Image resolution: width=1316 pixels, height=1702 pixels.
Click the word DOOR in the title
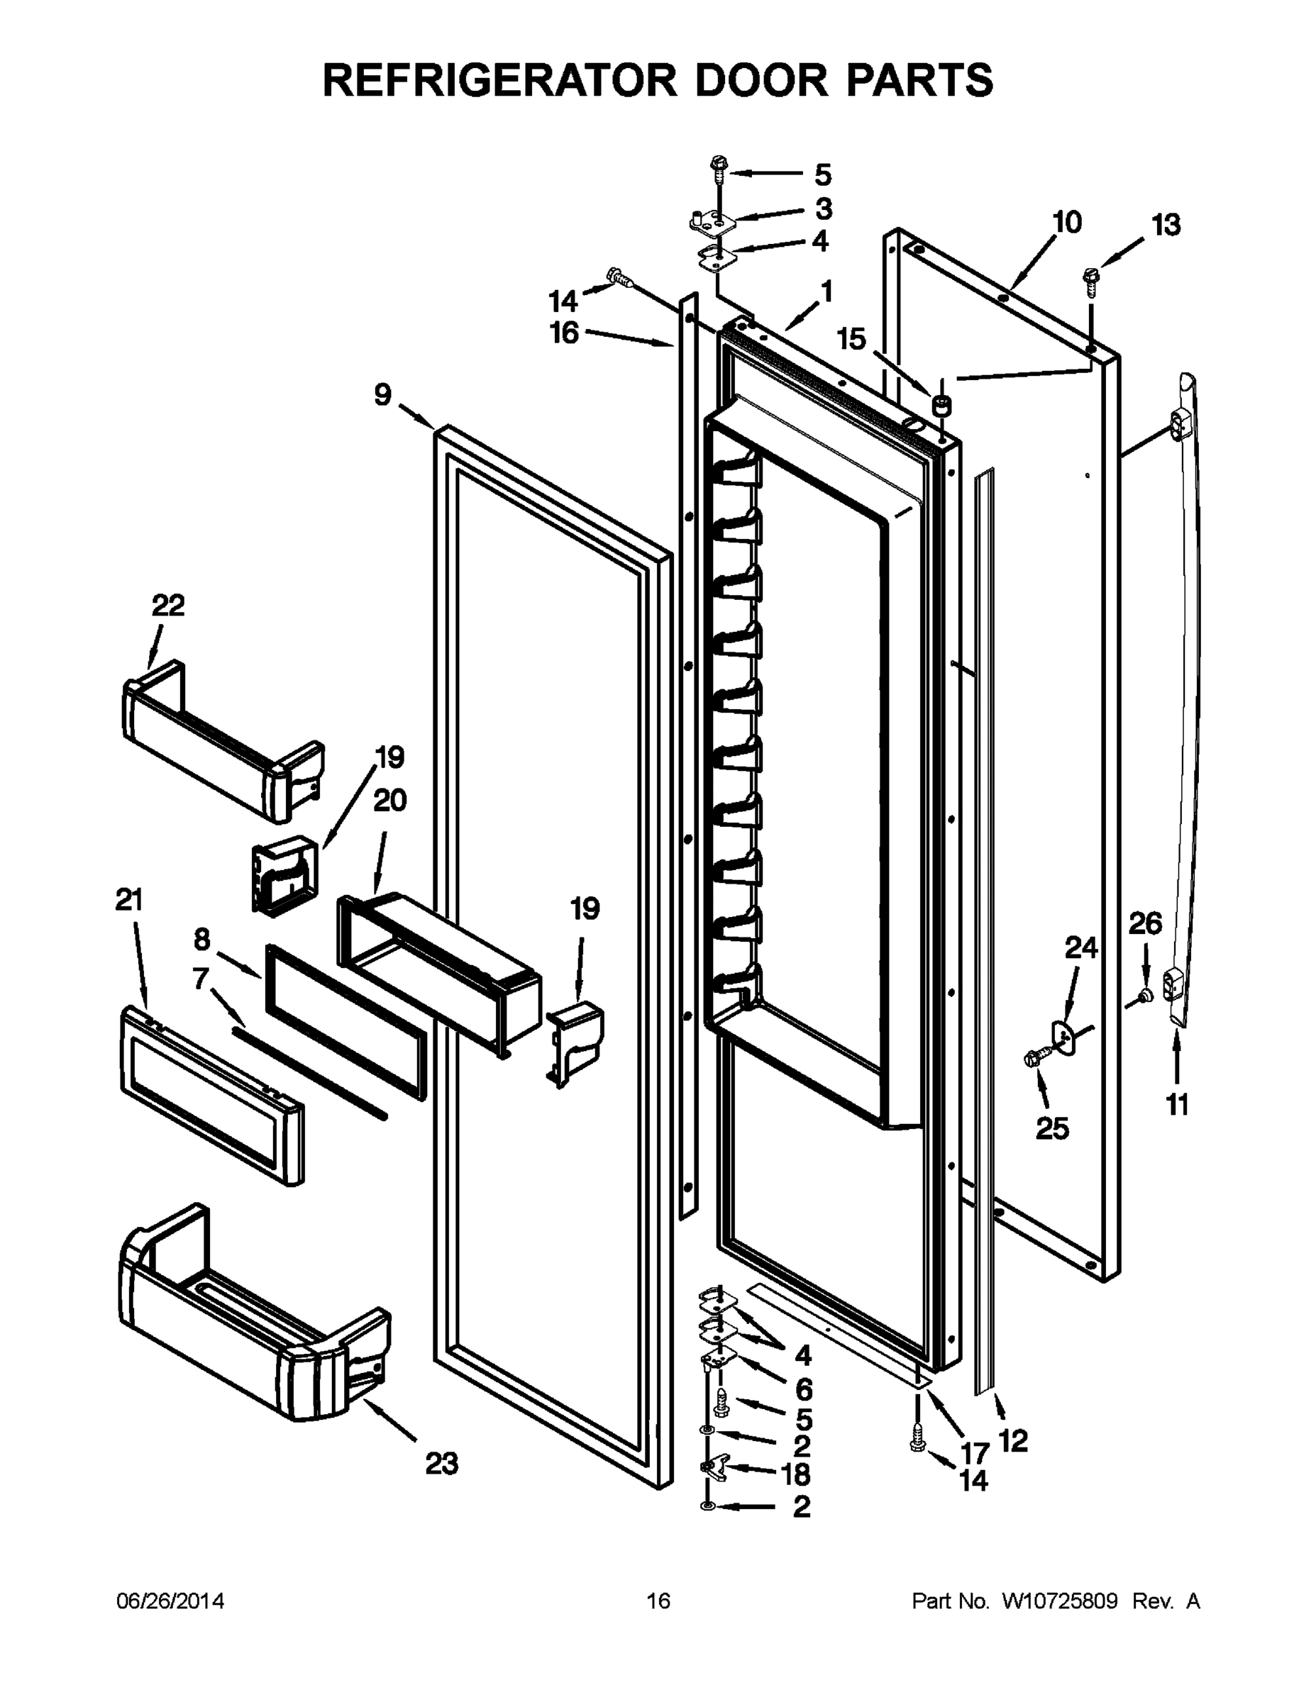(x=761, y=79)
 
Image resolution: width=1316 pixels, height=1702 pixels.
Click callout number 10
(x=1066, y=223)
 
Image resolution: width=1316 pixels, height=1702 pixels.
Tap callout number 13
(x=1167, y=226)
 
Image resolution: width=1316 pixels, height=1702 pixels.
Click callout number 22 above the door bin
(x=168, y=606)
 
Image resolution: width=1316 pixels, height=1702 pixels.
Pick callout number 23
(x=441, y=1464)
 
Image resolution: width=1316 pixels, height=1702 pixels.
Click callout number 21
(x=129, y=901)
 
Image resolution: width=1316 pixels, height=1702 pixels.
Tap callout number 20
(x=389, y=801)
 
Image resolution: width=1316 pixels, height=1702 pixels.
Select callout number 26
(x=1145, y=924)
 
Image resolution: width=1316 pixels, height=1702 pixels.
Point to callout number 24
(x=1081, y=948)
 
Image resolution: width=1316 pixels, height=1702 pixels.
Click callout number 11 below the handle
(x=1177, y=1104)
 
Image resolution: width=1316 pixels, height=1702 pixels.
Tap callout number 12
(x=1013, y=1441)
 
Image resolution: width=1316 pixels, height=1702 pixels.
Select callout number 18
(x=795, y=1474)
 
